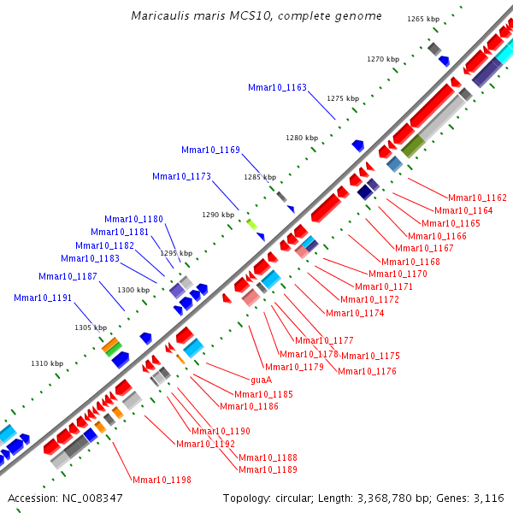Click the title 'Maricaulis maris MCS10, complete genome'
256,16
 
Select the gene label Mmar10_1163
277,87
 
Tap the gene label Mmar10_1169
210,150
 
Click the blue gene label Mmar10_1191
43,298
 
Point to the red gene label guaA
261,380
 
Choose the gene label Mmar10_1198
162,480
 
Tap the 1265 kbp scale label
422,19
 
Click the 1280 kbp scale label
301,138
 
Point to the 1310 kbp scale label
47,363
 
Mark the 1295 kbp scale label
176,253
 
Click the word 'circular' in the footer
296,498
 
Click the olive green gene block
412,145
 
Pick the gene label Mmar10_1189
268,469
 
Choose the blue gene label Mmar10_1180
133,219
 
